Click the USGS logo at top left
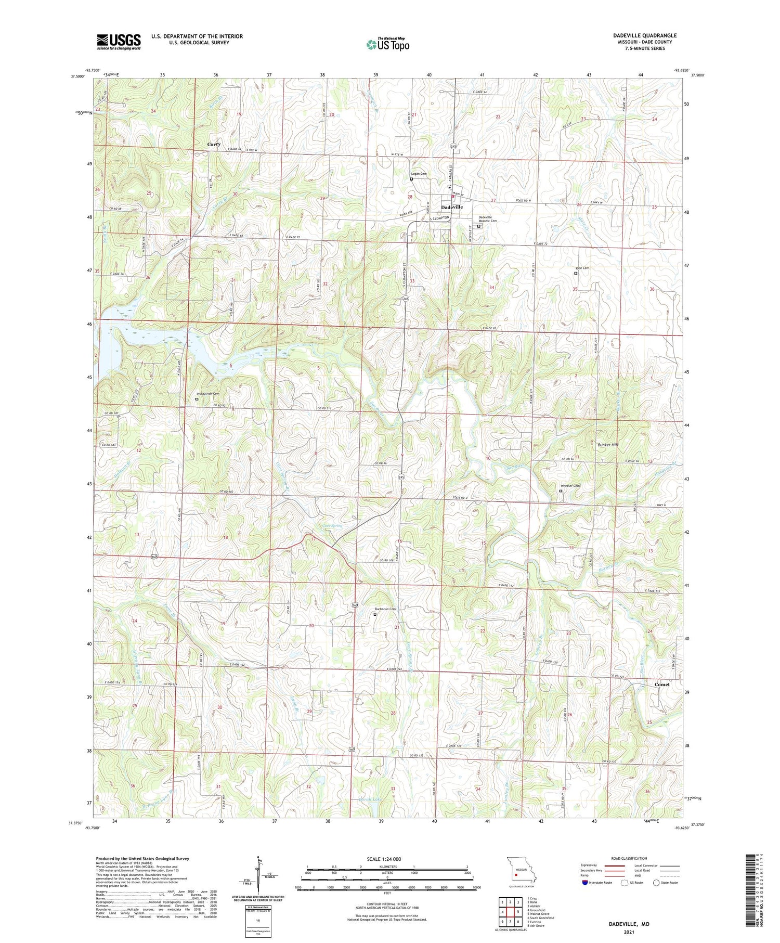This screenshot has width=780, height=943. pos(119,41)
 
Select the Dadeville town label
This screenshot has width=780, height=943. pos(451,207)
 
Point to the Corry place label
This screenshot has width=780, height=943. pos(214,144)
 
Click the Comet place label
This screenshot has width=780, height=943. pos(661,684)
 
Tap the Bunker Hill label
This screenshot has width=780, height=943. pos(608,445)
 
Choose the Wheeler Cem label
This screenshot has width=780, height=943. pos(569,486)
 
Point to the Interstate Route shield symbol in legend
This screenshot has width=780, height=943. pos(585,883)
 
